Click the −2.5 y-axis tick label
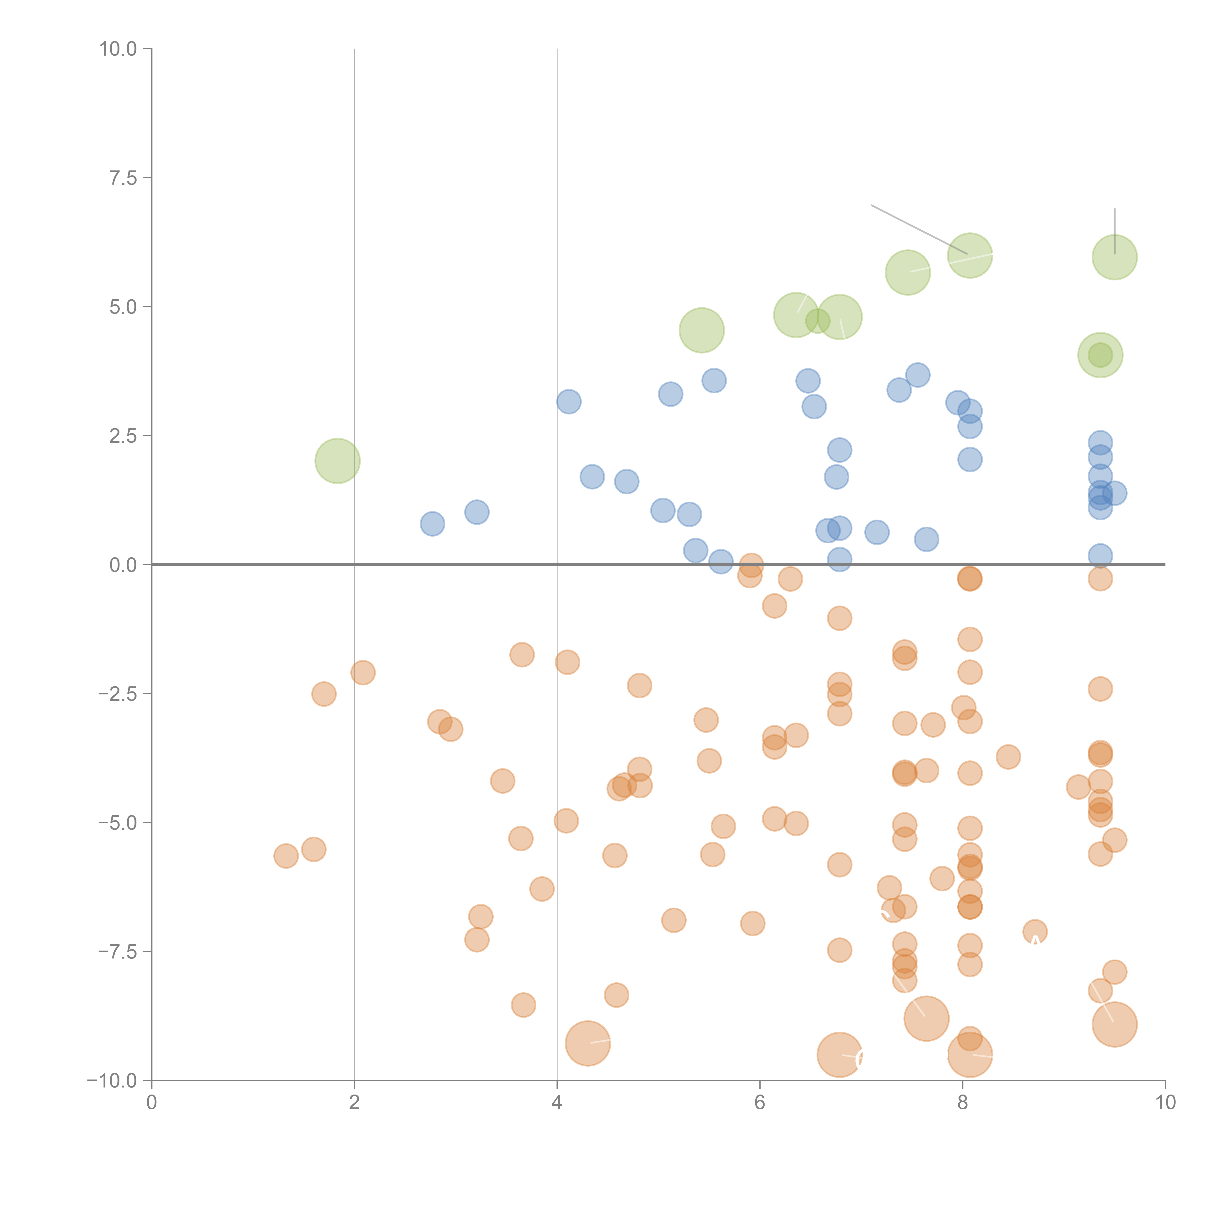pyautogui.click(x=118, y=694)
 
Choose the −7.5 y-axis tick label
pyautogui.click(x=118, y=951)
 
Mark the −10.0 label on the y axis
pyautogui.click(x=112, y=1081)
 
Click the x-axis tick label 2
pyautogui.click(x=354, y=1103)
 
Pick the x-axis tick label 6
pyautogui.click(x=760, y=1103)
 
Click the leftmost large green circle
pyautogui.click(x=337, y=461)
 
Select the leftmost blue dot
pyautogui.click(x=432, y=523)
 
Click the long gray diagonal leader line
pyautogui.click(x=919, y=229)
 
